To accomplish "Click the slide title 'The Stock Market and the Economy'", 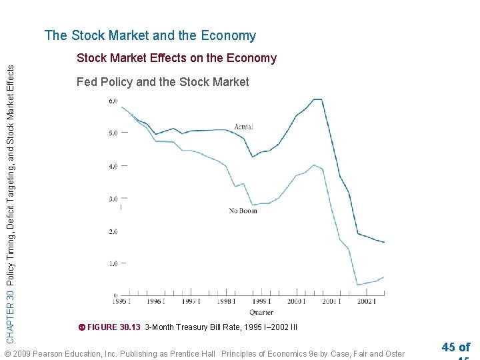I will [x=150, y=36].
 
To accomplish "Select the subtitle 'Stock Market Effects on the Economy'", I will [x=177, y=58].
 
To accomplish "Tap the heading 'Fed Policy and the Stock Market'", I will [x=163, y=82].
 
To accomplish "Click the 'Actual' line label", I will [x=243, y=127].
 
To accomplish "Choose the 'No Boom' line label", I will [x=243, y=211].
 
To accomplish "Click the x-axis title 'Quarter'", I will [x=261, y=312].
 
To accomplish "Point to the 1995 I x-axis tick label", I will [x=121, y=302].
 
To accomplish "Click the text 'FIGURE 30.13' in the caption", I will [x=114, y=327].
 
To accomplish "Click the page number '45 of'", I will [x=456, y=347].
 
